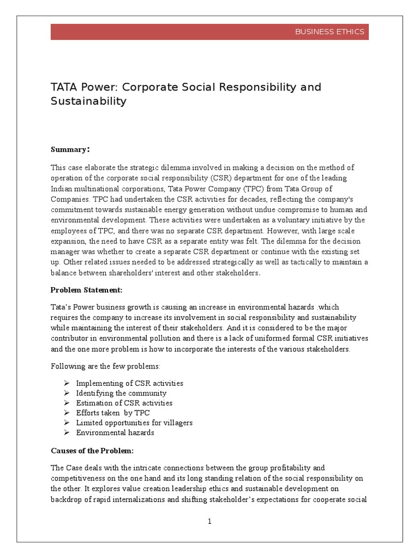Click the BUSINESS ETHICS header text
coord(330,32)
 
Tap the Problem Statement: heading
coord(86,289)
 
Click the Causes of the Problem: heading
coord(92,451)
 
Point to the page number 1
coord(209,521)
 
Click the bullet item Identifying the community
coord(121,393)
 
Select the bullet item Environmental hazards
coord(115,432)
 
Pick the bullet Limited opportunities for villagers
coord(134,422)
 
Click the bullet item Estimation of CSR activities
coord(124,403)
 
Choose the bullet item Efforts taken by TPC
coord(112,413)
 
